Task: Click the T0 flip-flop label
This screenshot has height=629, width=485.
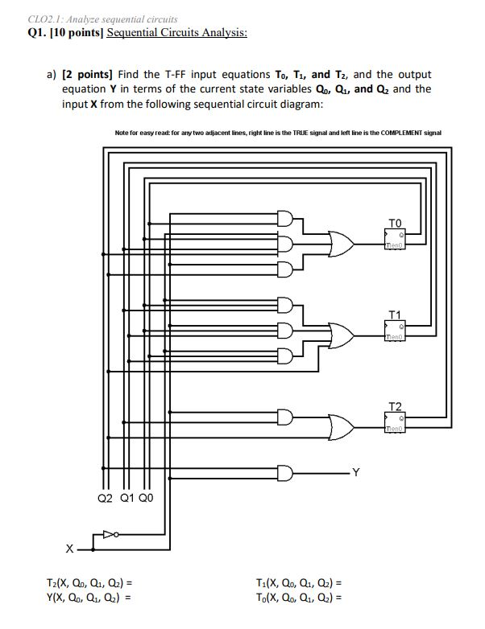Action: (x=394, y=222)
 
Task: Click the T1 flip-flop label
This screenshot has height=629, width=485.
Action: (x=394, y=313)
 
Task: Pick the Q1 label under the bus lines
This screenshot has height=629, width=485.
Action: (x=126, y=498)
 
